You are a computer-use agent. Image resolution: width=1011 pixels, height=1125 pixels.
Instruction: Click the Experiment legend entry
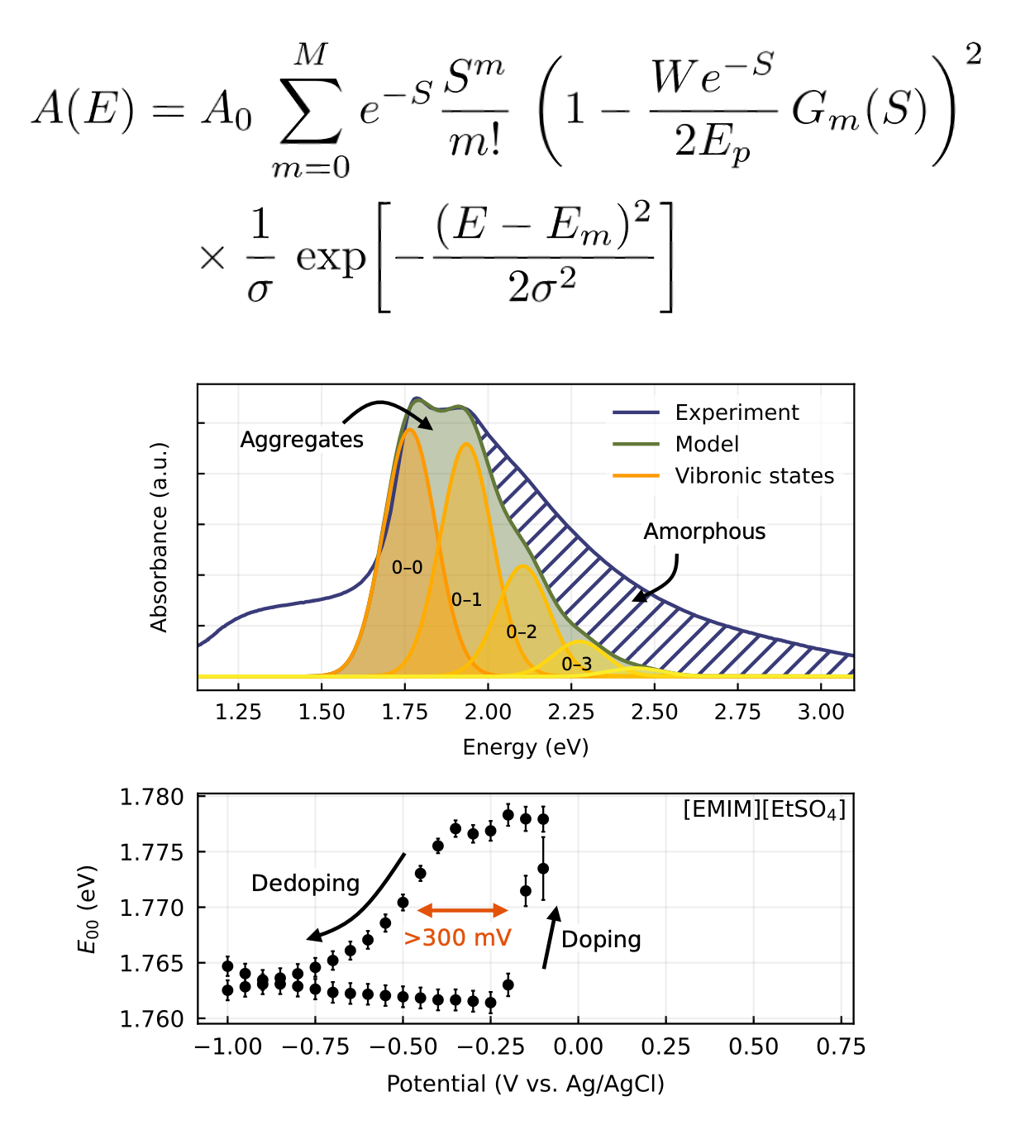pos(736,412)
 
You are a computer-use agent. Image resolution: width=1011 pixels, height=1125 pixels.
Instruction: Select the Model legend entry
pos(707,444)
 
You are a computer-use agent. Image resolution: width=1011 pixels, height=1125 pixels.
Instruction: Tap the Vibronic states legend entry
pos(754,476)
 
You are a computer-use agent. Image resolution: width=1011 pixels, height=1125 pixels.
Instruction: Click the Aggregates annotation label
pos(302,440)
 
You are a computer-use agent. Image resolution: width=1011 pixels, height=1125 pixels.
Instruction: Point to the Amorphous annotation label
pos(704,532)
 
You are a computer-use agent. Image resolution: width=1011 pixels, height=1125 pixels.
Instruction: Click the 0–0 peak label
pos(407,567)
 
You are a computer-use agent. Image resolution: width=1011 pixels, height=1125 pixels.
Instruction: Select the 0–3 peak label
pos(576,664)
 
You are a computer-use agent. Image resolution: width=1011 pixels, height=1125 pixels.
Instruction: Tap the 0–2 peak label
pos(521,632)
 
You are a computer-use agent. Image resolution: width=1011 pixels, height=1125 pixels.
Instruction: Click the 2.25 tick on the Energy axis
pos(571,713)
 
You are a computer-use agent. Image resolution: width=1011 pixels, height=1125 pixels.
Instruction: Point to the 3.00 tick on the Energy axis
pos(821,713)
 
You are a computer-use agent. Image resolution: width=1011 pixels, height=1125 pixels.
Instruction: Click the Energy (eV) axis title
pos(526,747)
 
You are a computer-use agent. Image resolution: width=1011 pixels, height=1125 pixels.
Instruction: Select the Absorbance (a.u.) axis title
pos(159,537)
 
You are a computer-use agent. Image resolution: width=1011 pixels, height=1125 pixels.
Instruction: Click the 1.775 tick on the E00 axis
pos(152,852)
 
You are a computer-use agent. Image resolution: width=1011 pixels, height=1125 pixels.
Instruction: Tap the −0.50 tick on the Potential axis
pos(403,1047)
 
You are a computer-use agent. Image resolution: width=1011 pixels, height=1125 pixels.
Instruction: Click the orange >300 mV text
pos(458,938)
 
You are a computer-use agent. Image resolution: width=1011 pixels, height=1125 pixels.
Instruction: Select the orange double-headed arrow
pos(462,910)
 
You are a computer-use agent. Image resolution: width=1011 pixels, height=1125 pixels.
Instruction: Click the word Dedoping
pos(305,884)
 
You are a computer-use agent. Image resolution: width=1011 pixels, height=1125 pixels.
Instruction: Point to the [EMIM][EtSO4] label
pos(764,809)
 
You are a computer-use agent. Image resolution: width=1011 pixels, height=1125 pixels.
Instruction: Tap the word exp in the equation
pos(331,257)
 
